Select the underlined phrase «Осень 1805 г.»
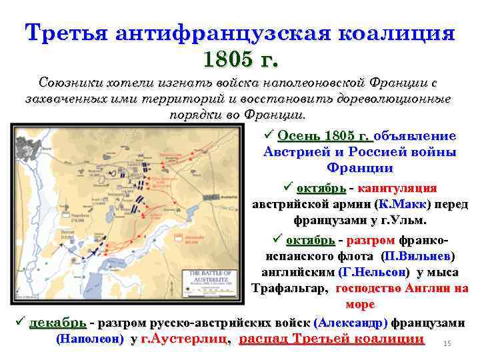pos(325,136)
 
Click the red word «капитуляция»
pos(399,188)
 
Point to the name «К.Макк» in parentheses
pos(403,204)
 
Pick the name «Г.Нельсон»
pos(373,272)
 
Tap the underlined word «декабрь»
pos(58,323)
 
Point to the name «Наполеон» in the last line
pos(91,339)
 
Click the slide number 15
pos(447,343)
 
